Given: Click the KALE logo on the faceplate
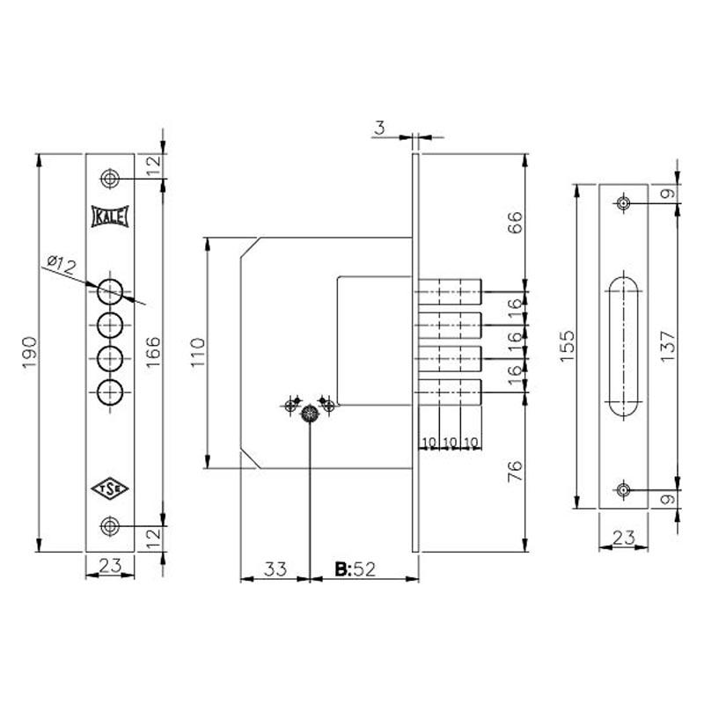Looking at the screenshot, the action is [110, 216].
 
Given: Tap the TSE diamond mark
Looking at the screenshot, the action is [110, 489].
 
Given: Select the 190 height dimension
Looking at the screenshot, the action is [30, 353].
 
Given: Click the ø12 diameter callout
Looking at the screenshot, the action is [62, 265].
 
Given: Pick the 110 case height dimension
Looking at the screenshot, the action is [198, 353].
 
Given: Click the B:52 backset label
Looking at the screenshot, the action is [355, 569].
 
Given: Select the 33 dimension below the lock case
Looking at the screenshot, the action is [275, 569].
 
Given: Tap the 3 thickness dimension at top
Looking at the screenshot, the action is [380, 128].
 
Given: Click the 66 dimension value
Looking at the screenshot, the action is [516, 222].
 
